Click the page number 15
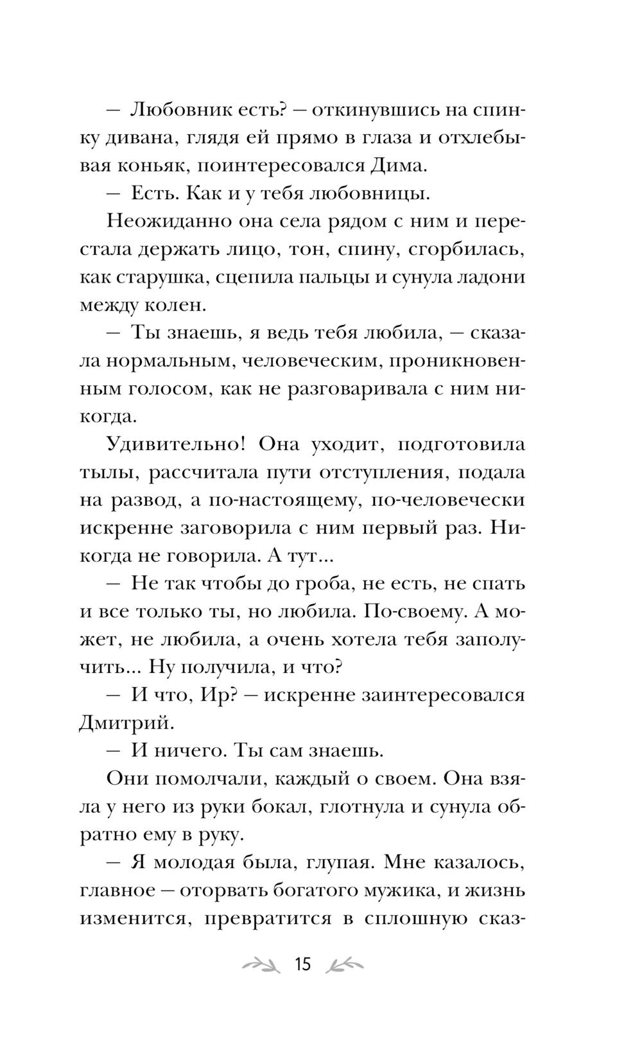tap(302, 964)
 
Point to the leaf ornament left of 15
tap(259, 964)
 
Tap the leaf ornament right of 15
tap(345, 964)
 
